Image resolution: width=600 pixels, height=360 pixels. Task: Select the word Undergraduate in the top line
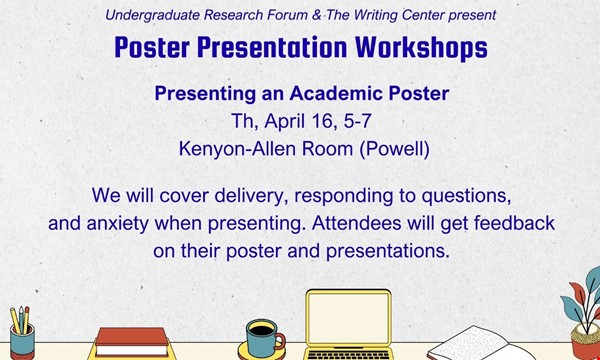[153, 15]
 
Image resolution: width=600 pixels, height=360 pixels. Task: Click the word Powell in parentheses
[394, 149]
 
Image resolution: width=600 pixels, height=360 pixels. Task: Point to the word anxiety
[117, 223]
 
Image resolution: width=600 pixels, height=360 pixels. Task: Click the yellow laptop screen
[349, 318]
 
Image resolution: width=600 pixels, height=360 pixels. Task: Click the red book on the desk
[131, 337]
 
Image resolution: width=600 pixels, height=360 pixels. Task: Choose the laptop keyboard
[349, 354]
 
